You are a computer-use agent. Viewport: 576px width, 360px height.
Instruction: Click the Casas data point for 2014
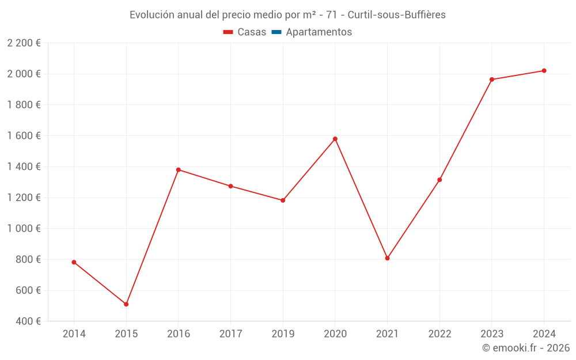(x=74, y=262)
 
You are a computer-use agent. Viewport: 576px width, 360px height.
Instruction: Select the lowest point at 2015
(x=126, y=304)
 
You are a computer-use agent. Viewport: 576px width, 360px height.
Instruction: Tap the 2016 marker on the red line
(x=179, y=170)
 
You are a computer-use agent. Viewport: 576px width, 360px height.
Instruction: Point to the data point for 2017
(x=230, y=186)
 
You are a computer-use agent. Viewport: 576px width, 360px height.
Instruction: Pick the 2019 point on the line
(x=283, y=200)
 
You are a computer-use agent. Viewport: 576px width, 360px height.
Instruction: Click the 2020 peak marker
(x=335, y=139)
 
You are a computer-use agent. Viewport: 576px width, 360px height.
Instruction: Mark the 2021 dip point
(x=387, y=258)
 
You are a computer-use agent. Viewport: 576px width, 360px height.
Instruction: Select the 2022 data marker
(x=439, y=180)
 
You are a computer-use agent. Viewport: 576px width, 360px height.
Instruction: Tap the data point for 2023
(x=492, y=79)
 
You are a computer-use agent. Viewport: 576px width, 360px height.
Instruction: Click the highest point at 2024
(x=544, y=71)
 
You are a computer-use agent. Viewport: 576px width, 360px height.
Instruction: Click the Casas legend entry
(x=245, y=32)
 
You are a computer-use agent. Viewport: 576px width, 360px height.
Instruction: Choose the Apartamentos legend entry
(x=312, y=32)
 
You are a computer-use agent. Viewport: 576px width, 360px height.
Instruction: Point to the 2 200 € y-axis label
(x=24, y=43)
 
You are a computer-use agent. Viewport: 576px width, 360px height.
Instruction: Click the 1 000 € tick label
(x=24, y=228)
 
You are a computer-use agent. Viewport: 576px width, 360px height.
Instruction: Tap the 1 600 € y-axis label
(x=24, y=135)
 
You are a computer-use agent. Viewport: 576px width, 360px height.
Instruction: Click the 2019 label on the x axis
(x=283, y=334)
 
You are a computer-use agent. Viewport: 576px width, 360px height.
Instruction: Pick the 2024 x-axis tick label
(x=544, y=334)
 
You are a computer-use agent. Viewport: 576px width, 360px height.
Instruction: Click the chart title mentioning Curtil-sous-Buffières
(x=287, y=15)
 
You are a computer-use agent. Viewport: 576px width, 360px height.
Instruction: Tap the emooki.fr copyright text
(x=525, y=348)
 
